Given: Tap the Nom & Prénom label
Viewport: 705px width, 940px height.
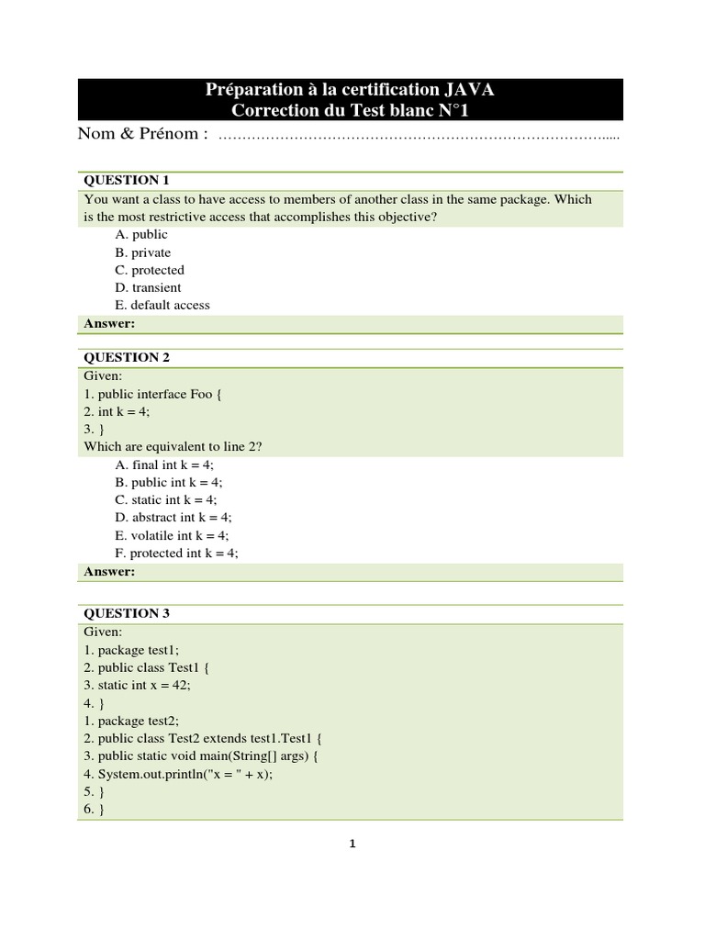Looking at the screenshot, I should click(142, 134).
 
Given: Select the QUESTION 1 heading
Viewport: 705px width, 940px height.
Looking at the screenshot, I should click(127, 179).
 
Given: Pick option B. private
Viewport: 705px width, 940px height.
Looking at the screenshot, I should click(142, 252).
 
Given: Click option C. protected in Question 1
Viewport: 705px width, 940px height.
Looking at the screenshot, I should click(150, 270).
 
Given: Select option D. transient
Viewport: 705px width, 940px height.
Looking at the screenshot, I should click(148, 287).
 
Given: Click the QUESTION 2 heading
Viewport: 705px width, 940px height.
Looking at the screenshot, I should click(127, 357).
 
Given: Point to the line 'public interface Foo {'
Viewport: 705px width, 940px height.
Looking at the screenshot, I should click(148, 394).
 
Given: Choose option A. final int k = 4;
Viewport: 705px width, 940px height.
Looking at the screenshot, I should click(164, 464).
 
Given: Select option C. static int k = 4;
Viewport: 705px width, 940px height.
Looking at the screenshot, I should click(166, 499).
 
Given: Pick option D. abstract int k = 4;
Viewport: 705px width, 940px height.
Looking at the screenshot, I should click(172, 518).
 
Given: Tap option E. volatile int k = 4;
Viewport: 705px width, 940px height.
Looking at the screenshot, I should click(172, 535).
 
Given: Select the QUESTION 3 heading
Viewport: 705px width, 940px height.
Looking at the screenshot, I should click(127, 613).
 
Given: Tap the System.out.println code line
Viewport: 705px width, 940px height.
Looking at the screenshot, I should click(179, 774).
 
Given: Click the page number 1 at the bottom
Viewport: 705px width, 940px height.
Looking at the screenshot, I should click(351, 845).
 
